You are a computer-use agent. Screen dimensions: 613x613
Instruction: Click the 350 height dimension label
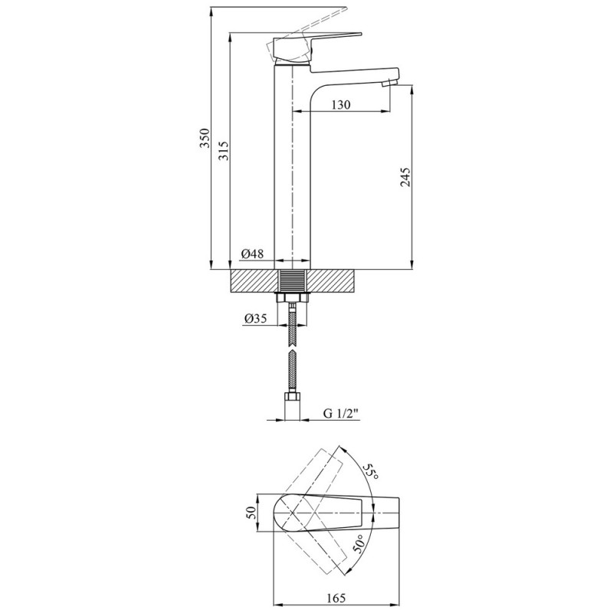[x=205, y=138]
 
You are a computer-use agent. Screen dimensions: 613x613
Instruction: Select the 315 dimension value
[x=224, y=150]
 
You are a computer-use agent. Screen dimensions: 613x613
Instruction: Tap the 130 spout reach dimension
[x=341, y=105]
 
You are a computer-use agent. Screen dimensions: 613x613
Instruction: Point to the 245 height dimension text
[x=406, y=177]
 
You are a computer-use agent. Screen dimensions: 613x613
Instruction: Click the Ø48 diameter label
[x=253, y=254]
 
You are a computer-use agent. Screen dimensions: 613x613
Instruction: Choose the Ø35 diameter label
[x=255, y=319]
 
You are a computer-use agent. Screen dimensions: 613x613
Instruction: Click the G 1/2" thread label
[x=340, y=413]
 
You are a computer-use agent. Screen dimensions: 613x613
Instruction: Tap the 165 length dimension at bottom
[x=336, y=598]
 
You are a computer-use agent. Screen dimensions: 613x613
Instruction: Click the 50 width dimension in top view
[x=252, y=513]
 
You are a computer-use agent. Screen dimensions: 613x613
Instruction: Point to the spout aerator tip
[x=390, y=82]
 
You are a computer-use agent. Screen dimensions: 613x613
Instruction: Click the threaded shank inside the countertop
[x=292, y=280]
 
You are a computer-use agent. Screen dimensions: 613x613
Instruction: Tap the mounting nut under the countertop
[x=292, y=298]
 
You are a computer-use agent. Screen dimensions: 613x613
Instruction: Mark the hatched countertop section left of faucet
[x=254, y=280]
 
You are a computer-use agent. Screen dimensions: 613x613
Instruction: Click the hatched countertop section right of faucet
[x=332, y=280]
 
